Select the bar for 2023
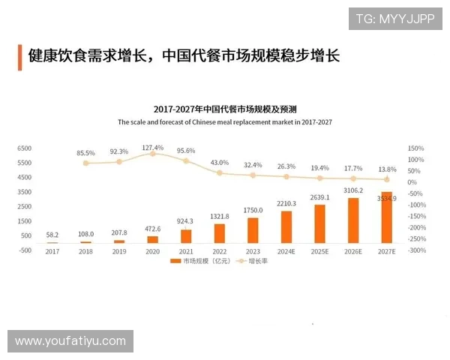(253, 230)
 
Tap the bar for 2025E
(320, 223)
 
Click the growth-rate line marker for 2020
(152, 153)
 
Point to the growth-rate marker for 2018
(86, 163)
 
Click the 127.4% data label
(152, 147)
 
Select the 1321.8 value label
(220, 216)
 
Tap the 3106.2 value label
(353, 190)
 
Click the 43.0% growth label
(220, 163)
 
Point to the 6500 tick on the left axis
(24, 148)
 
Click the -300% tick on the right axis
(416, 250)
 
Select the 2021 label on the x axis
(186, 251)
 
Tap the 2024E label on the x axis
(286, 251)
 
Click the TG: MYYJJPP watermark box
(394, 19)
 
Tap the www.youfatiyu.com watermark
(70, 341)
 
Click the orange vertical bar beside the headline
(19, 55)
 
